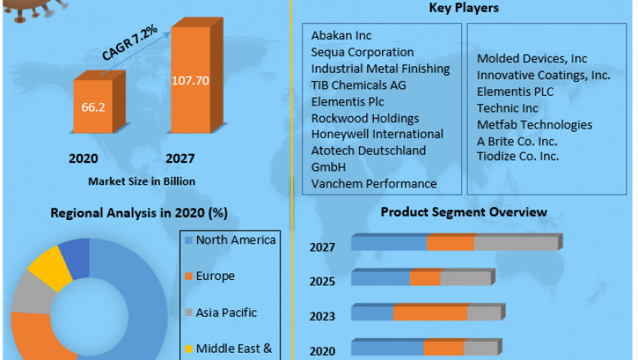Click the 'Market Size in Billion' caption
click(x=142, y=181)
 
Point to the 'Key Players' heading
click(x=465, y=8)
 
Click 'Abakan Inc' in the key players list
click(x=341, y=36)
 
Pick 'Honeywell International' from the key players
click(x=377, y=134)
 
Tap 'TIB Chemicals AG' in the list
click(x=358, y=85)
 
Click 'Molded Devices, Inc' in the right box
click(x=532, y=59)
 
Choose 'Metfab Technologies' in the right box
click(x=534, y=124)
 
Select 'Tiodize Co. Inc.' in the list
click(x=518, y=156)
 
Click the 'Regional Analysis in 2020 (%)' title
click(x=139, y=214)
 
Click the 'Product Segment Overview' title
click(x=464, y=212)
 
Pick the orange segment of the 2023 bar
click(x=429, y=313)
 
